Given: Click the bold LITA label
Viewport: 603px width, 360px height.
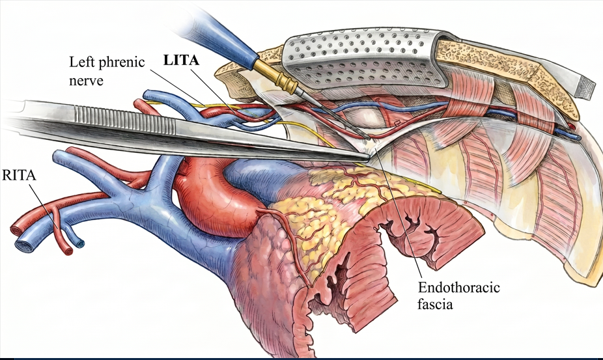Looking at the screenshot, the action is coord(181,61).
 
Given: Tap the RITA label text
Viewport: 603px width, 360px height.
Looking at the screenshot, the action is coord(19,175).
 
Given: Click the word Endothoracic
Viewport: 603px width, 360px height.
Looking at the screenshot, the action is coord(459,288).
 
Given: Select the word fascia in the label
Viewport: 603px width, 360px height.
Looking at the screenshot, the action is coord(436,305).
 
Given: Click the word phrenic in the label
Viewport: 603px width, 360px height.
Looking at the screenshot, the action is coord(120,62).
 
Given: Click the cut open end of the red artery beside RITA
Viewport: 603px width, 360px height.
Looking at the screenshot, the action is coord(68,251).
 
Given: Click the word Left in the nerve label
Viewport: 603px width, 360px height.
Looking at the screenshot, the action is coord(80,62).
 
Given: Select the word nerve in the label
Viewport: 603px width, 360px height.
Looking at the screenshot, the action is coord(87,80).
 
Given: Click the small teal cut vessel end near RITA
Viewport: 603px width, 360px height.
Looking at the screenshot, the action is coord(80,243).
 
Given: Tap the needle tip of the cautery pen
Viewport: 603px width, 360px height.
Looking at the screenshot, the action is coord(369,139).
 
